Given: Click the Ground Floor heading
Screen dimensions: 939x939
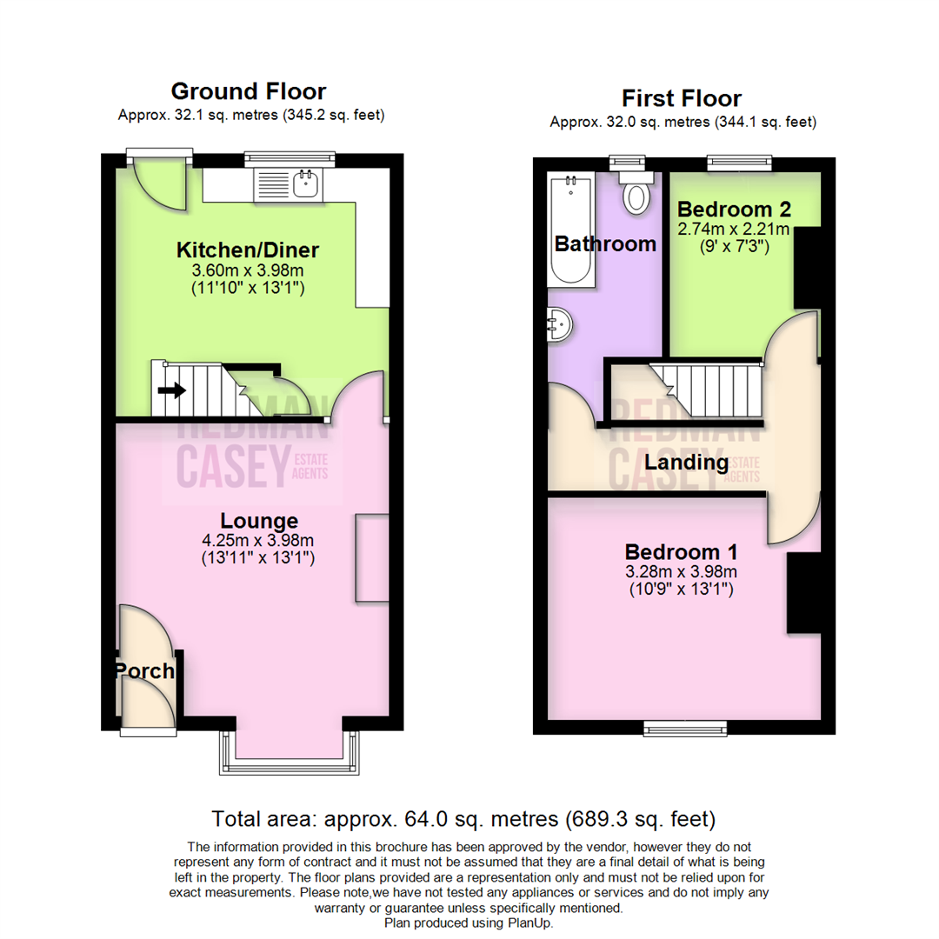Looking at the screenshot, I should pos(248,91).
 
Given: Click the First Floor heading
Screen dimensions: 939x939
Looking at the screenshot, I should pos(682,97).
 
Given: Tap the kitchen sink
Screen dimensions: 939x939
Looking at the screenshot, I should pos(304,183).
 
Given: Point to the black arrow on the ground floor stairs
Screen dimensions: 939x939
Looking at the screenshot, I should pos(171,390).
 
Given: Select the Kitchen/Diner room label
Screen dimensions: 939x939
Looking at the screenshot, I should pos(248,250).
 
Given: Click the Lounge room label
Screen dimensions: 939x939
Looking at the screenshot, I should pos(259,521).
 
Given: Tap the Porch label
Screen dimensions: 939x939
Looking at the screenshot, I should pos(145,671).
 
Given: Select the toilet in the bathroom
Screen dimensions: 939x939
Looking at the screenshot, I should pos(636,193).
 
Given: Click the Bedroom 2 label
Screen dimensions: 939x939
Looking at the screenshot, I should pos(724,210).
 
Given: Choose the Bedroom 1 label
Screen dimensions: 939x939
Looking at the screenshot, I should pos(682,551).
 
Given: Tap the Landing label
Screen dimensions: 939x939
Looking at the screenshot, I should pos(685,462).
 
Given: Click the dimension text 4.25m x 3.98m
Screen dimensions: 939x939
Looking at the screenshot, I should pos(259,540).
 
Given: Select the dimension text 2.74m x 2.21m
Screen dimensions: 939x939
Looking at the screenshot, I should pos(733,230).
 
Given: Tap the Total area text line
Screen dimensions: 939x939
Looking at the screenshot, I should pos(463,818).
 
